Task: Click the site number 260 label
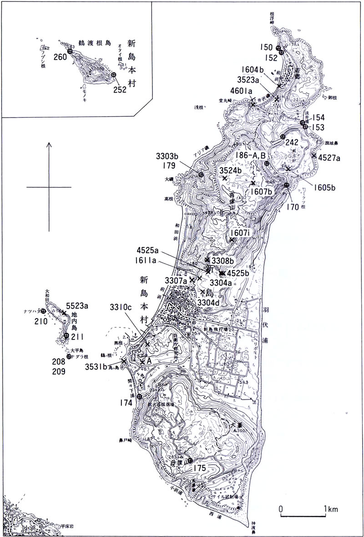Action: tap(60, 58)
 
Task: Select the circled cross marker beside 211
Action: tap(66, 336)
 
